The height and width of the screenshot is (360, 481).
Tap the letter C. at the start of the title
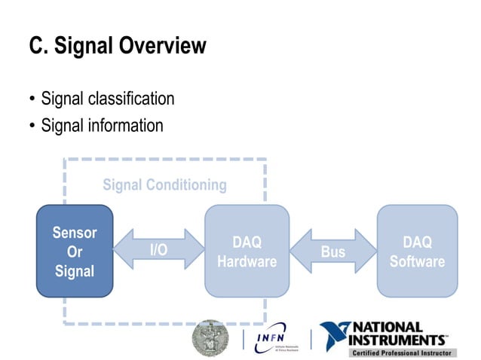[x=38, y=47]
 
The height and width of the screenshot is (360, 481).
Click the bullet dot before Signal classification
[x=32, y=99]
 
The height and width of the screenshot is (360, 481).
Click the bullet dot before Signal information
[x=32, y=126]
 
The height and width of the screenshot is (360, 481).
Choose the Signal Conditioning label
[x=164, y=185]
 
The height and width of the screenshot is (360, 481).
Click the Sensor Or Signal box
[x=75, y=251]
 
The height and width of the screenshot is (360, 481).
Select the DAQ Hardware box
[x=247, y=251]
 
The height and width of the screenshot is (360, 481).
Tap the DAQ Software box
[x=417, y=251]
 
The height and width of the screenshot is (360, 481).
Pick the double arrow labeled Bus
[x=332, y=251]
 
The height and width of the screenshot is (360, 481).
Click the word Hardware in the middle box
[x=247, y=261]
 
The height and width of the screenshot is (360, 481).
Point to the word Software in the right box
[x=417, y=261]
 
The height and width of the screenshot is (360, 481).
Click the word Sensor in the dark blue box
[x=75, y=233]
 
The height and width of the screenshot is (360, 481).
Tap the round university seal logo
[x=210, y=337]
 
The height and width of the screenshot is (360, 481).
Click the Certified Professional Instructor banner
[x=401, y=352]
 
